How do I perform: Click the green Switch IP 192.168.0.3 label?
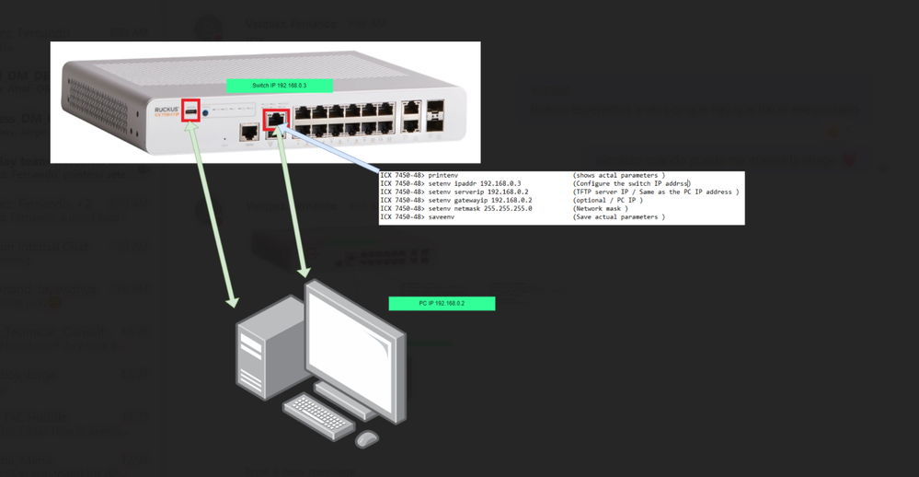[x=279, y=86]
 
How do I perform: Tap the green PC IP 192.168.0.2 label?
[x=442, y=303]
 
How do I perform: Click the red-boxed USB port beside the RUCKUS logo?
[x=191, y=111]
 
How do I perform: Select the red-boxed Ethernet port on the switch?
[x=276, y=120]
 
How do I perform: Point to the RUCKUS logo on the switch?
[x=165, y=109]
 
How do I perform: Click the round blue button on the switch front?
[x=206, y=114]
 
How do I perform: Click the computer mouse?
[x=367, y=438]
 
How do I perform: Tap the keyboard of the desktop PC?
[x=318, y=416]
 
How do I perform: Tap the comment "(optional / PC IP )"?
[x=607, y=200]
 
